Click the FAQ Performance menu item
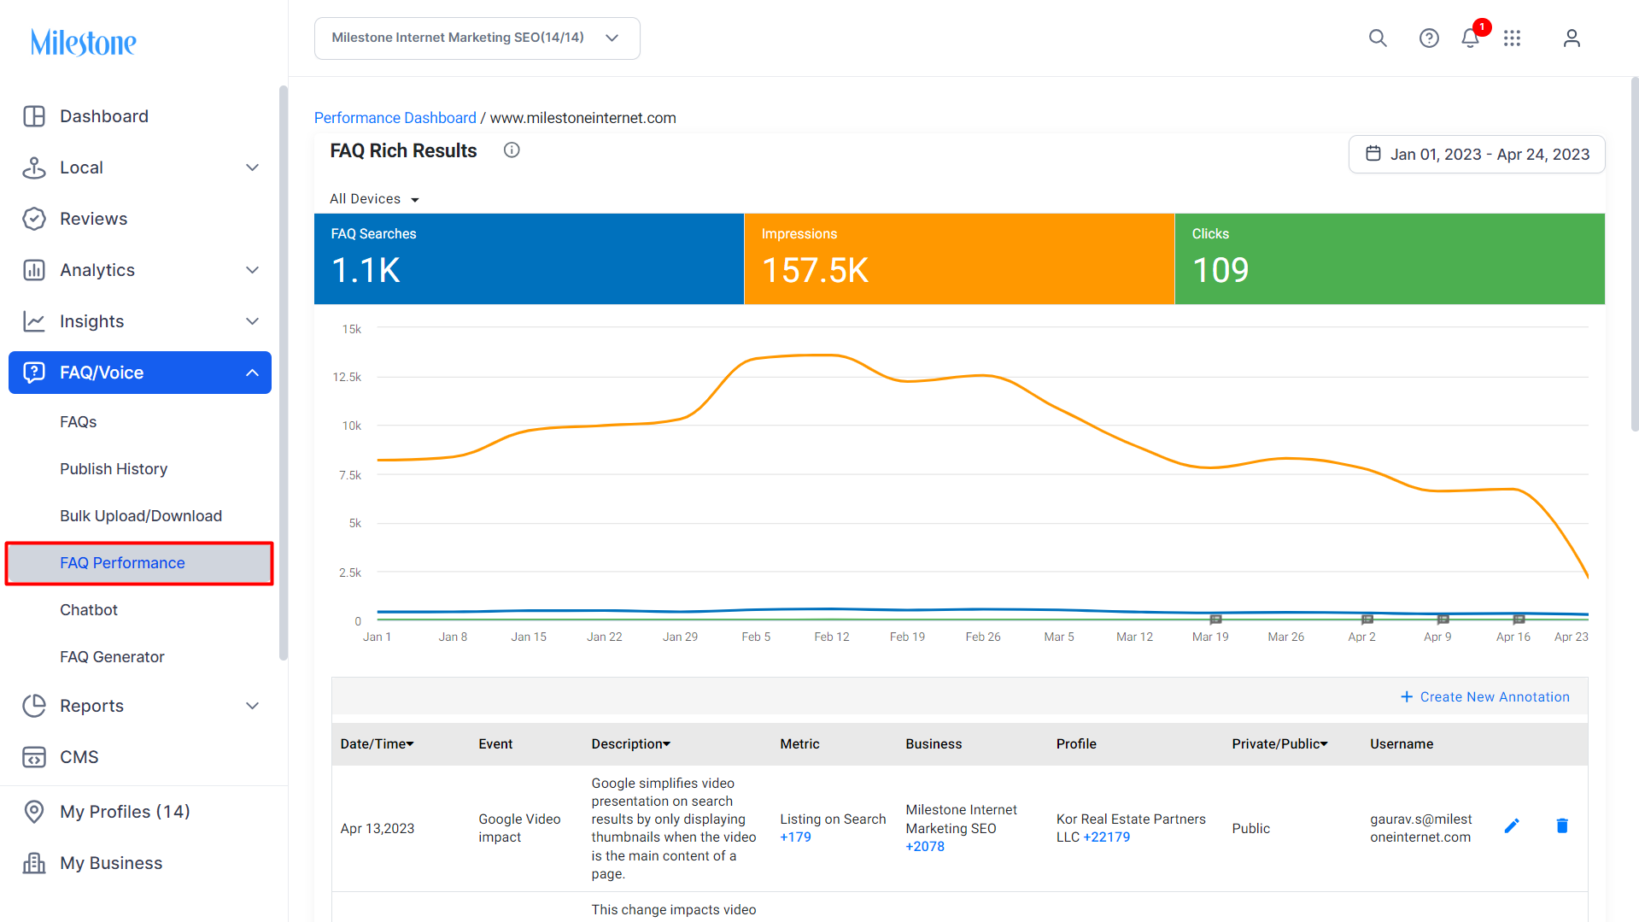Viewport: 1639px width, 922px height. click(x=122, y=563)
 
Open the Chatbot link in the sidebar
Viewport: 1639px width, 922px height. click(x=89, y=610)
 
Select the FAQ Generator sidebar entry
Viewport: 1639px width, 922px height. click(x=112, y=657)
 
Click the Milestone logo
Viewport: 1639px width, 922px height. click(x=84, y=42)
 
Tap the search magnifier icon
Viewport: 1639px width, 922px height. click(x=1378, y=38)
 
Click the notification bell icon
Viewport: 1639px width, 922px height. click(x=1470, y=38)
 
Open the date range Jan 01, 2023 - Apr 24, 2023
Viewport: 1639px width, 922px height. click(x=1477, y=155)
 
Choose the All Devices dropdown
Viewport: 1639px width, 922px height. click(x=374, y=199)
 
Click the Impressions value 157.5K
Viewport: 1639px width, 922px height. click(x=815, y=271)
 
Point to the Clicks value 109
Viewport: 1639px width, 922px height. click(x=1220, y=271)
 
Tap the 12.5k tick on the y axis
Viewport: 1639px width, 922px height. click(x=347, y=377)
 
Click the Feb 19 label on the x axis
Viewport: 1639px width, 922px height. click(x=907, y=637)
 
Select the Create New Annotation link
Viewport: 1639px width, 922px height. click(x=1485, y=697)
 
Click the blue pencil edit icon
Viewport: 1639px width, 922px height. click(x=1512, y=825)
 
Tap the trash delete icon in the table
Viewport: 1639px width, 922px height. click(x=1562, y=825)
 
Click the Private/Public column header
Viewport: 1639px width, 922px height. click(x=1279, y=744)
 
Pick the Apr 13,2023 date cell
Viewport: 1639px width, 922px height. click(x=378, y=829)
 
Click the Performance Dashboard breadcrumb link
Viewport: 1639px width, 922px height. click(x=395, y=118)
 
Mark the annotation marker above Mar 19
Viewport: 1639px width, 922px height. click(x=1216, y=620)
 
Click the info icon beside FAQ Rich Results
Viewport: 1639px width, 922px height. click(x=512, y=150)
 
